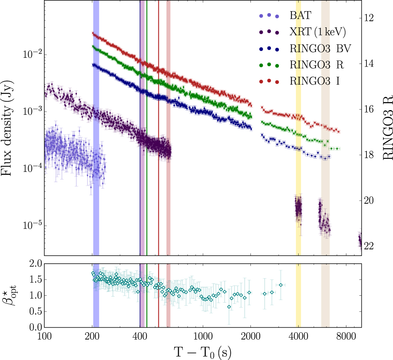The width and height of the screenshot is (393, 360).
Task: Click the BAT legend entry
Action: point(300,16)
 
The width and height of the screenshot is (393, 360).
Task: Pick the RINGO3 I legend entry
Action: point(314,81)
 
